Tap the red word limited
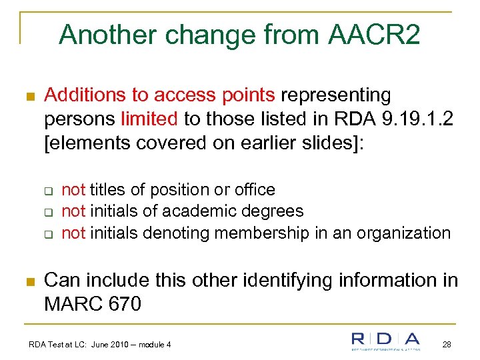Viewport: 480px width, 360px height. click(149, 119)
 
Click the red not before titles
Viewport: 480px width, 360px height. click(73, 190)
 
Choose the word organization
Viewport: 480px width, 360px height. click(405, 233)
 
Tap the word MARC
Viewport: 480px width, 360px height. click(71, 304)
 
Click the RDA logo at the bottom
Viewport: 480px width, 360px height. click(386, 341)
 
